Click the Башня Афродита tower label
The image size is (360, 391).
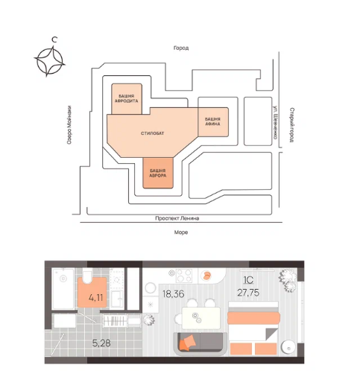click(127, 98)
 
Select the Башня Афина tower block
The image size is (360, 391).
click(213, 122)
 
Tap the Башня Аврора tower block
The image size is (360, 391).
click(158, 173)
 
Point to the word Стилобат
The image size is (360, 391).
click(153, 133)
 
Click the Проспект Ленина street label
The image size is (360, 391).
click(177, 218)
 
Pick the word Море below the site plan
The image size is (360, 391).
click(181, 232)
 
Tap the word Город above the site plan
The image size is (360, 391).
click(181, 48)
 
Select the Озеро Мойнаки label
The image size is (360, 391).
click(69, 125)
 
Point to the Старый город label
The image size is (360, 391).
click(292, 125)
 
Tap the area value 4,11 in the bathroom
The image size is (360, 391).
click(95, 297)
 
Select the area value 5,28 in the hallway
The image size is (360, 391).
click(101, 343)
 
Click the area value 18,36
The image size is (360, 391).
click(174, 294)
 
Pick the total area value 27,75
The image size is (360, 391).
click(248, 293)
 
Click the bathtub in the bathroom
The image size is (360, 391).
click(63, 288)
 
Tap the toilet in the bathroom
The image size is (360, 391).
click(87, 276)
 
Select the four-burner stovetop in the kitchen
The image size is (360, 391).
click(184, 276)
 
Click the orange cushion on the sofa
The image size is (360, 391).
click(187, 343)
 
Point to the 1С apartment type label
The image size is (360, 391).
click(248, 280)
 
